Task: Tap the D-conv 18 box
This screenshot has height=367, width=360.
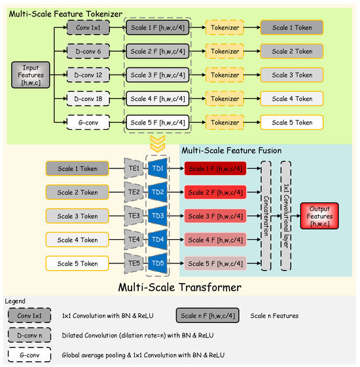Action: (x=88, y=98)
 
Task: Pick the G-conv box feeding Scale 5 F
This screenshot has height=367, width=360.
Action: (x=88, y=122)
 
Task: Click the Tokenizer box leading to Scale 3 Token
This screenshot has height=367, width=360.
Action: (x=225, y=75)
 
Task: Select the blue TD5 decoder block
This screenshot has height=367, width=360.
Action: (x=157, y=263)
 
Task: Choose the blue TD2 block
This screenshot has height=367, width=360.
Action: (x=157, y=192)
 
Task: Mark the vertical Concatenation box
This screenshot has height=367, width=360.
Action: (x=266, y=216)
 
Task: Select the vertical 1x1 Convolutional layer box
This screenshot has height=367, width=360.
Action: (x=285, y=216)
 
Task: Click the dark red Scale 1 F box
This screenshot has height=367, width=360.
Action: (x=215, y=168)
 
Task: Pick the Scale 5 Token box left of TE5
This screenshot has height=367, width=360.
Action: (x=78, y=263)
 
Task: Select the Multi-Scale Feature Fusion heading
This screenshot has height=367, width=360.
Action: (x=232, y=150)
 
